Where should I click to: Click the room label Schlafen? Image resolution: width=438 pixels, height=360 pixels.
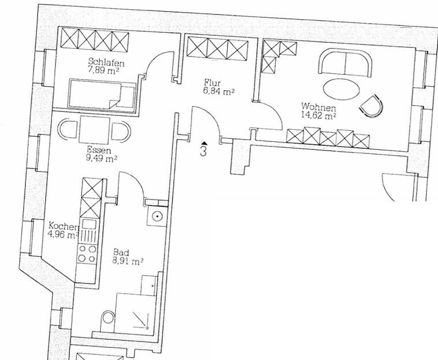[107, 62]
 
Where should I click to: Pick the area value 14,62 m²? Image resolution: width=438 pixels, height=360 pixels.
[318, 115]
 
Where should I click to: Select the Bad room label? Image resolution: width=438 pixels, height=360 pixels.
[121, 252]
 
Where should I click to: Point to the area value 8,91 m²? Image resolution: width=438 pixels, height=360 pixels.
[128, 261]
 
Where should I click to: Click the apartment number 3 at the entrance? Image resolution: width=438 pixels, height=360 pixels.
[204, 152]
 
